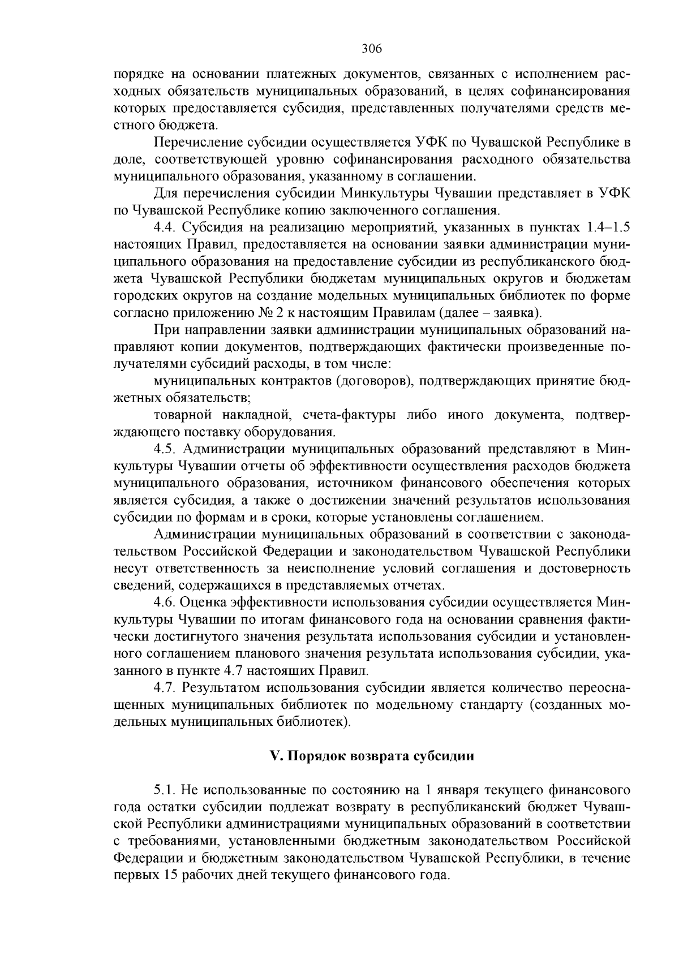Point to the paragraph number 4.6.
point(165,602)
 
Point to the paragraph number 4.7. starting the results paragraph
point(165,688)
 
